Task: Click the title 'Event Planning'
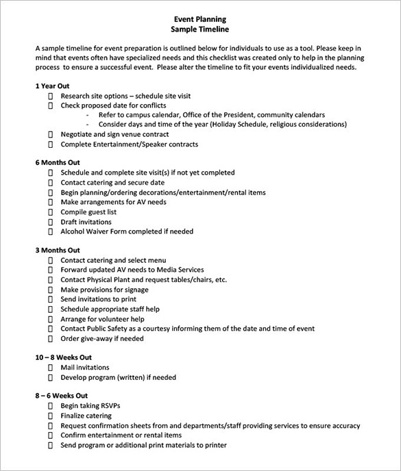[x=199, y=19]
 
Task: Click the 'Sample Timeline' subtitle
[x=199, y=29]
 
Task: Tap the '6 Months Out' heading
[x=58, y=163]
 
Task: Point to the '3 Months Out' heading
[x=58, y=251]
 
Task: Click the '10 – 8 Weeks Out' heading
[x=63, y=357]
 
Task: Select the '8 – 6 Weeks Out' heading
[x=61, y=396]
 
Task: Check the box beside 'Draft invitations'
[x=50, y=222]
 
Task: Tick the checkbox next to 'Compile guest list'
[x=50, y=213]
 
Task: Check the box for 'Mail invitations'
[x=50, y=368]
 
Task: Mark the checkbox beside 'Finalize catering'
[x=50, y=416]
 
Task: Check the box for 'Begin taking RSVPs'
[x=50, y=406]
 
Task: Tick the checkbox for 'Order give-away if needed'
[x=50, y=339]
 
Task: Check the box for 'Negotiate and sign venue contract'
[x=50, y=135]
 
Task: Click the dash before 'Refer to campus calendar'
[x=90, y=116]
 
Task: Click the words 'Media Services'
[x=180, y=270]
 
